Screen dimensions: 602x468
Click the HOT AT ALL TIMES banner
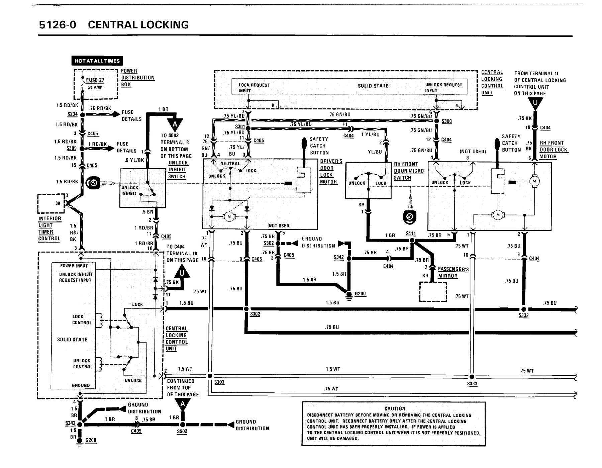coord(97,61)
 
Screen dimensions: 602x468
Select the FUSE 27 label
coord(95,80)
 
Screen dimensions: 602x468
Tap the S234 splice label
coord(73,114)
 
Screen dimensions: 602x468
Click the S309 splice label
coord(72,148)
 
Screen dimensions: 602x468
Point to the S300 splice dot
coord(436,121)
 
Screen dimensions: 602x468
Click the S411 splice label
coord(411,233)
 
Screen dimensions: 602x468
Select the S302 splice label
coord(255,314)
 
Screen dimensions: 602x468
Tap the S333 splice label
coord(472,384)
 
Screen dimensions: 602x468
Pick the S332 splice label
coord(524,315)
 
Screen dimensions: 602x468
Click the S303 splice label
coord(219,382)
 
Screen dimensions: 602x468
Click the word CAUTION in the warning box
coord(395,408)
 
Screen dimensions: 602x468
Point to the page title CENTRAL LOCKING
coord(138,25)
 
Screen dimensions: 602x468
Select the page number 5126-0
coord(58,25)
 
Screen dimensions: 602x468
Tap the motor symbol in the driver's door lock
coord(229,217)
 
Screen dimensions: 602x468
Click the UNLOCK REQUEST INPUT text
coord(443,88)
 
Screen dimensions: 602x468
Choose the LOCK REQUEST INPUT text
coord(254,88)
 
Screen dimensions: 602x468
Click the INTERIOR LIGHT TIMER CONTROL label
coord(50,228)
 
